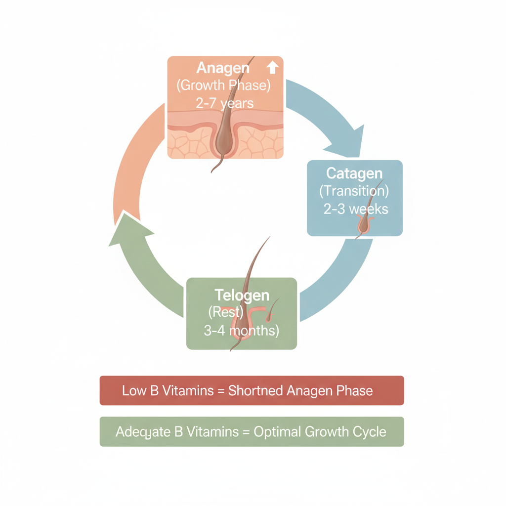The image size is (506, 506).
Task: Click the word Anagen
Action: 224,68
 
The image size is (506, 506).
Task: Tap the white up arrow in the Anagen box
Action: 273,67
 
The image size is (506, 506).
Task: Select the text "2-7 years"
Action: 225,103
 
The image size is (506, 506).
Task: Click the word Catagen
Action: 354,173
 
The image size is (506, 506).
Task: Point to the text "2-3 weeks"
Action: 356,209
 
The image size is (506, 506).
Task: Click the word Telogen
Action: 242,295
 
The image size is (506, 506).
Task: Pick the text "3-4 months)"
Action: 241,331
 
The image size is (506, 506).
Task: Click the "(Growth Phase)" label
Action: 223,85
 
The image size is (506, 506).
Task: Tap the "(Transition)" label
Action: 354,191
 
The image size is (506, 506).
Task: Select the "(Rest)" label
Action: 226,313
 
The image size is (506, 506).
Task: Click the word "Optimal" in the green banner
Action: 276,432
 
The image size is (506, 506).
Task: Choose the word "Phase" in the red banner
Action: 354,391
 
